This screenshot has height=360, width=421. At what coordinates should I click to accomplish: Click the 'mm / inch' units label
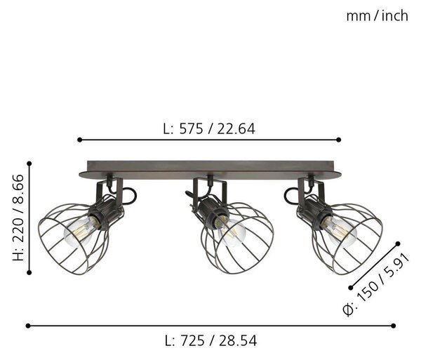(x=377, y=16)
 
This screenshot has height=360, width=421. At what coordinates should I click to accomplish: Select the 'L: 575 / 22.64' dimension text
(x=209, y=129)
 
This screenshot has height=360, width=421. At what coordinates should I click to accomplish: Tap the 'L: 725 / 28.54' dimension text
(x=210, y=341)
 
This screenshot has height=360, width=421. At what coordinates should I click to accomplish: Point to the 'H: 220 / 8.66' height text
(x=18, y=218)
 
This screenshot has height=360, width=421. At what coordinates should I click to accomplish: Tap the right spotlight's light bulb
(x=340, y=232)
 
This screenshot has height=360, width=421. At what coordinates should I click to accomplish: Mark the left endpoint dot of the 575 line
(x=79, y=140)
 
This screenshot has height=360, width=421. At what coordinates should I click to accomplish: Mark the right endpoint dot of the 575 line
(x=339, y=140)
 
